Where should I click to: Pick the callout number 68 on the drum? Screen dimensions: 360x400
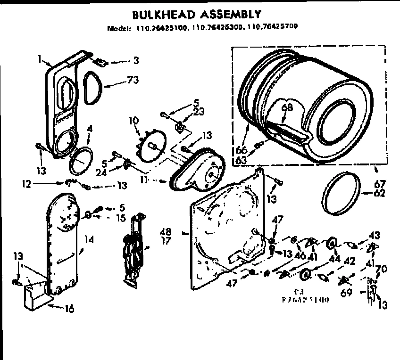pyautogui.click(x=287, y=108)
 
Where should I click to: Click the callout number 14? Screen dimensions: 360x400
pyautogui.click(x=89, y=239)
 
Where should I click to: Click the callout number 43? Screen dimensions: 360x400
pyautogui.click(x=374, y=234)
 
